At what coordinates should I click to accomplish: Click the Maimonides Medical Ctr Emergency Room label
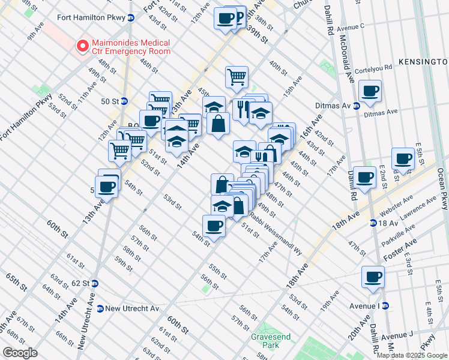(x=130, y=47)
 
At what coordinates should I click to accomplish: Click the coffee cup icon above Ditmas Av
(x=370, y=92)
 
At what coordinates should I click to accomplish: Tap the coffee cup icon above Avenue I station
(x=373, y=277)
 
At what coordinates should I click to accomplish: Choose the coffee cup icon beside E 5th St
(x=403, y=159)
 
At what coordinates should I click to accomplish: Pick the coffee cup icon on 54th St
(x=214, y=226)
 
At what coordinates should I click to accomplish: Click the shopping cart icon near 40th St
(x=237, y=77)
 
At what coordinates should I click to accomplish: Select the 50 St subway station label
(x=109, y=101)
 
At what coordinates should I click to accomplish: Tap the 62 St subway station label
(x=81, y=283)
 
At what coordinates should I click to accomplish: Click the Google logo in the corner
(x=21, y=353)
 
